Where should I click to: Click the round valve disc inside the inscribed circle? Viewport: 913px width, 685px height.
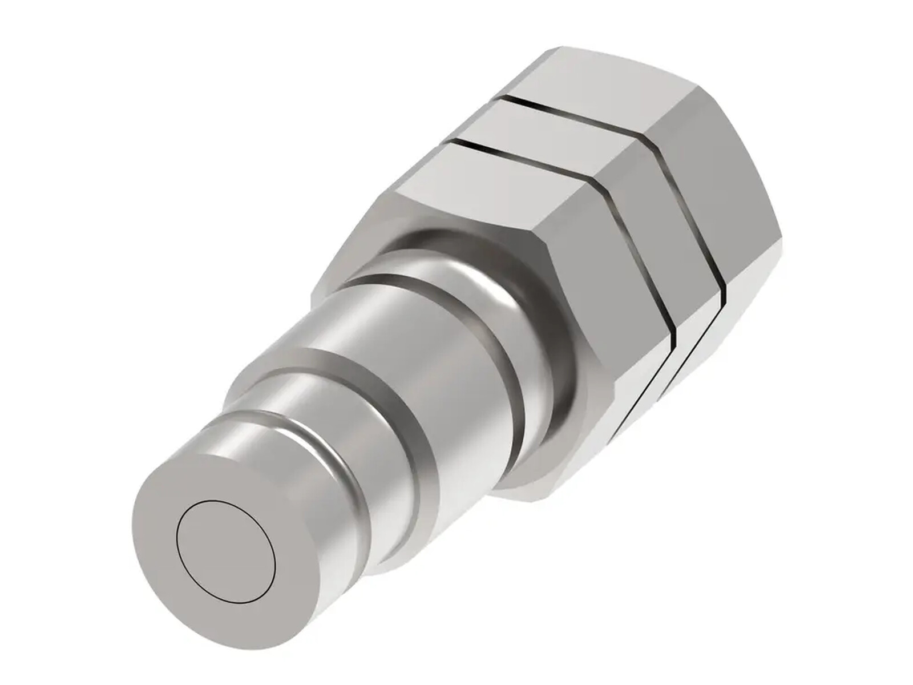[227, 553]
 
